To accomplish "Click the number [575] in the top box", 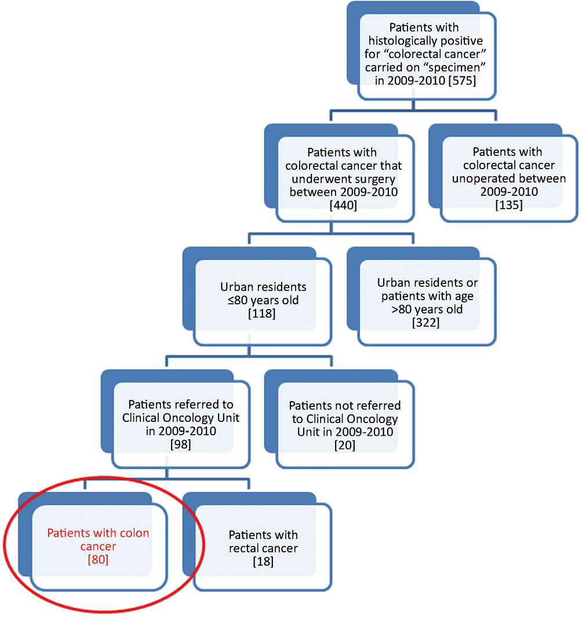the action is [x=462, y=81].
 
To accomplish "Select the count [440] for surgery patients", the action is [x=344, y=205].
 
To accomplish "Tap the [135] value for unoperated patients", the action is [x=509, y=205].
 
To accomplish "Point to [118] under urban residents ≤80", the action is [x=261, y=314].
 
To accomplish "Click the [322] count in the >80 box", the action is [x=425, y=323].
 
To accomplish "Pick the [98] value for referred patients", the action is [x=180, y=444].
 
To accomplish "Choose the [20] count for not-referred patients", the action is [x=345, y=445].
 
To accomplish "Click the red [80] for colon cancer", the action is [x=98, y=560].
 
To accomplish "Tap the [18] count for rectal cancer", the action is [x=263, y=562].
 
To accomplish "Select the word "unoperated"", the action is [x=482, y=179].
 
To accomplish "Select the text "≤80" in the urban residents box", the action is [x=238, y=300].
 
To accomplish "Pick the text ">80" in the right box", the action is [x=402, y=309].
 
